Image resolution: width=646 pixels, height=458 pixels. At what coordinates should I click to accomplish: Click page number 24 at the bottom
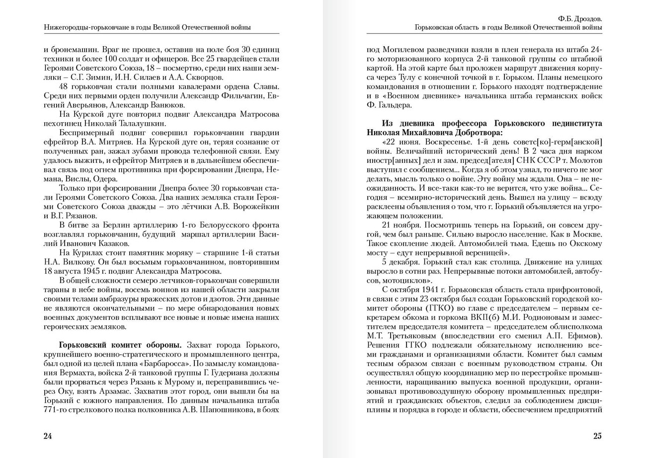pos(48,436)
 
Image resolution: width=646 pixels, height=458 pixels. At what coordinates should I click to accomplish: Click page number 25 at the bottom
pos(597,436)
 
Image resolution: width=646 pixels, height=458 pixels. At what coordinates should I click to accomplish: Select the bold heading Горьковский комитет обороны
pos(120,345)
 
